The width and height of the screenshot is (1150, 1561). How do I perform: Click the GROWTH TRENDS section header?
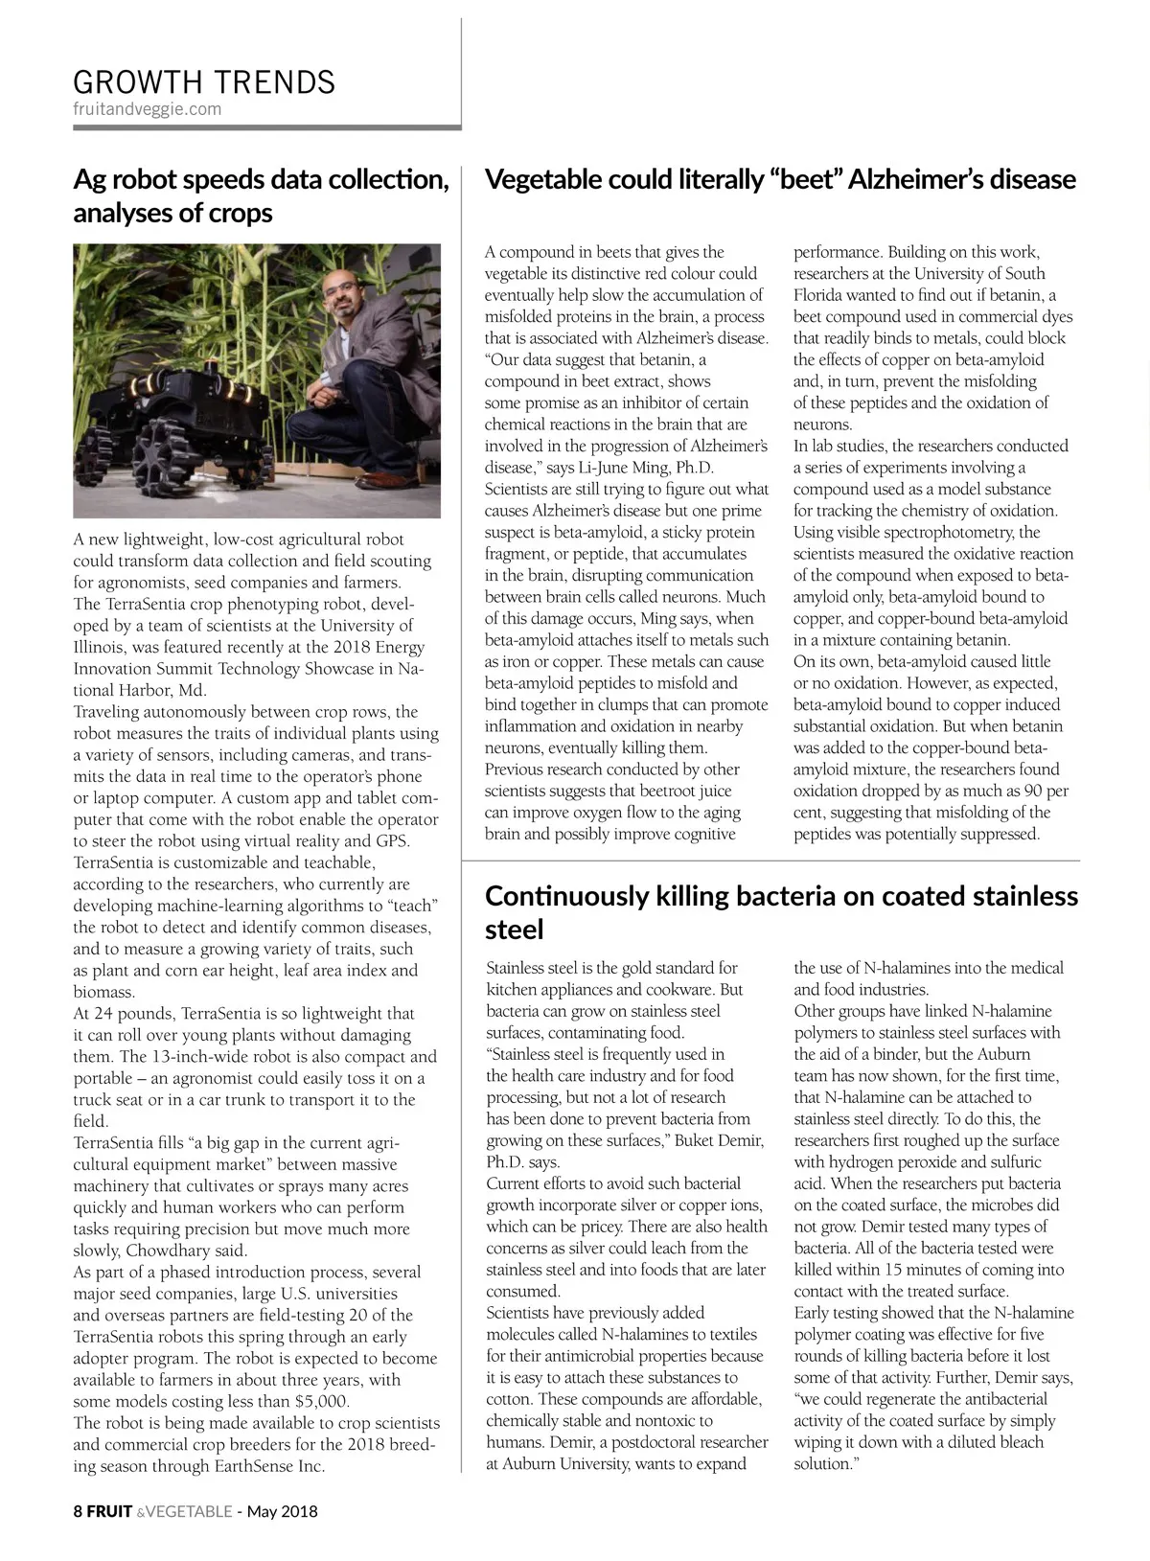(204, 81)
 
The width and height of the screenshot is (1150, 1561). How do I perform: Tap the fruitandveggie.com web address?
(147, 109)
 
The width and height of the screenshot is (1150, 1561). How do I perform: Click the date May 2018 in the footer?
(283, 1512)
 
